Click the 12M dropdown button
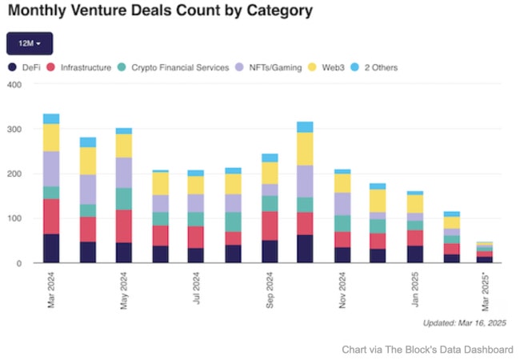30,43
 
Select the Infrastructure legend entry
79,67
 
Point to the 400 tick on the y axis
14,84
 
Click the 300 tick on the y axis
14,129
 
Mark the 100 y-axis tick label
14,218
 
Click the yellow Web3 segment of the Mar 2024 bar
51,138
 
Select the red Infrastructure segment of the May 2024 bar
124,226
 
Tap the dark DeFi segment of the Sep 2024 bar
270,251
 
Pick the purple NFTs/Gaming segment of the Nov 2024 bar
343,204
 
